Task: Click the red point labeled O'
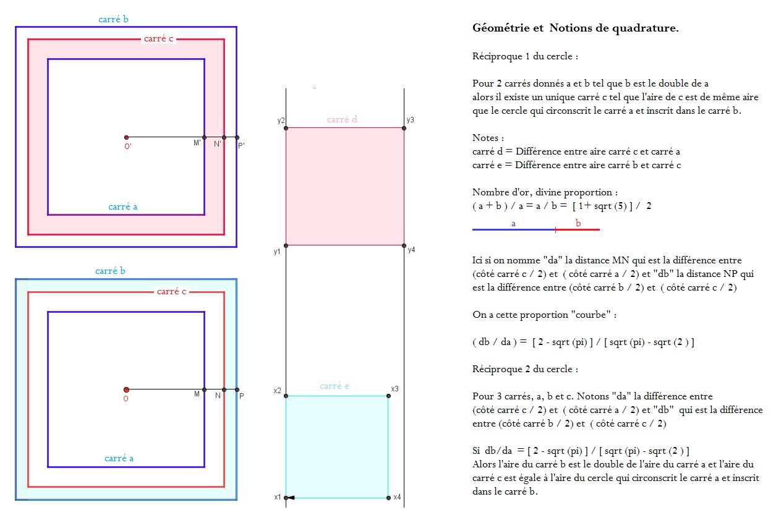[x=126, y=137]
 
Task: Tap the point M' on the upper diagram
[x=204, y=137]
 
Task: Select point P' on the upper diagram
[x=237, y=137]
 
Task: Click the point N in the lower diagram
[x=224, y=389]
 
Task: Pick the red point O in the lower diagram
[x=126, y=389]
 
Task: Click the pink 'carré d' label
[x=343, y=119]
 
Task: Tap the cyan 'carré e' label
[x=335, y=386]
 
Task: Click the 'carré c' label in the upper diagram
[x=158, y=39]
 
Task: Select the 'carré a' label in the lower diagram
[x=119, y=458]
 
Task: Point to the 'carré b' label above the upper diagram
[x=114, y=19]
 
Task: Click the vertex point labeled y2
[x=286, y=128]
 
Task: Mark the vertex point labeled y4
[x=404, y=245]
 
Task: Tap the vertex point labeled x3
[x=388, y=396]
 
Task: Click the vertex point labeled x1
[x=286, y=498]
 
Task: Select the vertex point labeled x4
[x=388, y=498]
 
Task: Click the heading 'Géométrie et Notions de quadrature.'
[x=575, y=28]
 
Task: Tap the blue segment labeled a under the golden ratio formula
[x=513, y=229]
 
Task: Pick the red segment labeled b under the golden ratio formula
[x=578, y=229]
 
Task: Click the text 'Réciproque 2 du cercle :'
[x=526, y=369]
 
